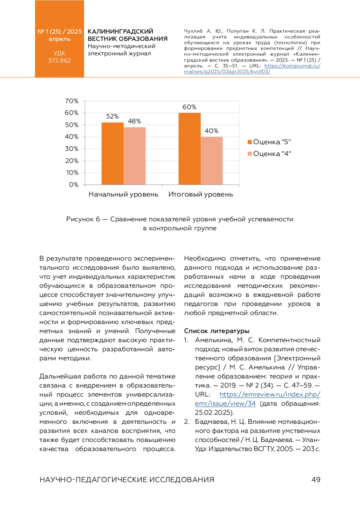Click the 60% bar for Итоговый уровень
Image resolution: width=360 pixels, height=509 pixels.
pos(190,148)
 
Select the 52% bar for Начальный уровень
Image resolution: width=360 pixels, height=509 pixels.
pos(112,153)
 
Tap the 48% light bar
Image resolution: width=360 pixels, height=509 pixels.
pos(135,156)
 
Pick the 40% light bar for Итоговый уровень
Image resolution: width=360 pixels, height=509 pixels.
pos(211,160)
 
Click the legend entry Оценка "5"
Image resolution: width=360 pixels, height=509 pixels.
pos(269,142)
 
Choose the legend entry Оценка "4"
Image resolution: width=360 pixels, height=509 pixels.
pos(269,154)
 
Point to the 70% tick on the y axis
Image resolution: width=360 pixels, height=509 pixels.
pos(72,101)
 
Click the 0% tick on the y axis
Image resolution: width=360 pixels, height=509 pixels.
pos(74,185)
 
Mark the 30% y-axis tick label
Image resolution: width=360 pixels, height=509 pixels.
pos(72,149)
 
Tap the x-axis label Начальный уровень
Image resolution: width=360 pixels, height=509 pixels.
pos(123,194)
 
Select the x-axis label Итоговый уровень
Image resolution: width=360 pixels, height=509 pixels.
pos(200,194)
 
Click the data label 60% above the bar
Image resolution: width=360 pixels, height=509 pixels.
pos(190,107)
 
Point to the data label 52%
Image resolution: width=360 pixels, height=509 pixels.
pos(112,116)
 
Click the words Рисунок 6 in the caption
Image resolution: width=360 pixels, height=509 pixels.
pos(83,219)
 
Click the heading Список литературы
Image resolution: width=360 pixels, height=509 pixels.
pos(217,331)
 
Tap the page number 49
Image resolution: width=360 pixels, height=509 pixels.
pos(316,480)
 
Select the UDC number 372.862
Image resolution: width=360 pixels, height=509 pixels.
pos(59,61)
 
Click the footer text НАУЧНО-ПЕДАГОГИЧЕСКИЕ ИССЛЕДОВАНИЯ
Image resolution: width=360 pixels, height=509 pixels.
pos(127,480)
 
